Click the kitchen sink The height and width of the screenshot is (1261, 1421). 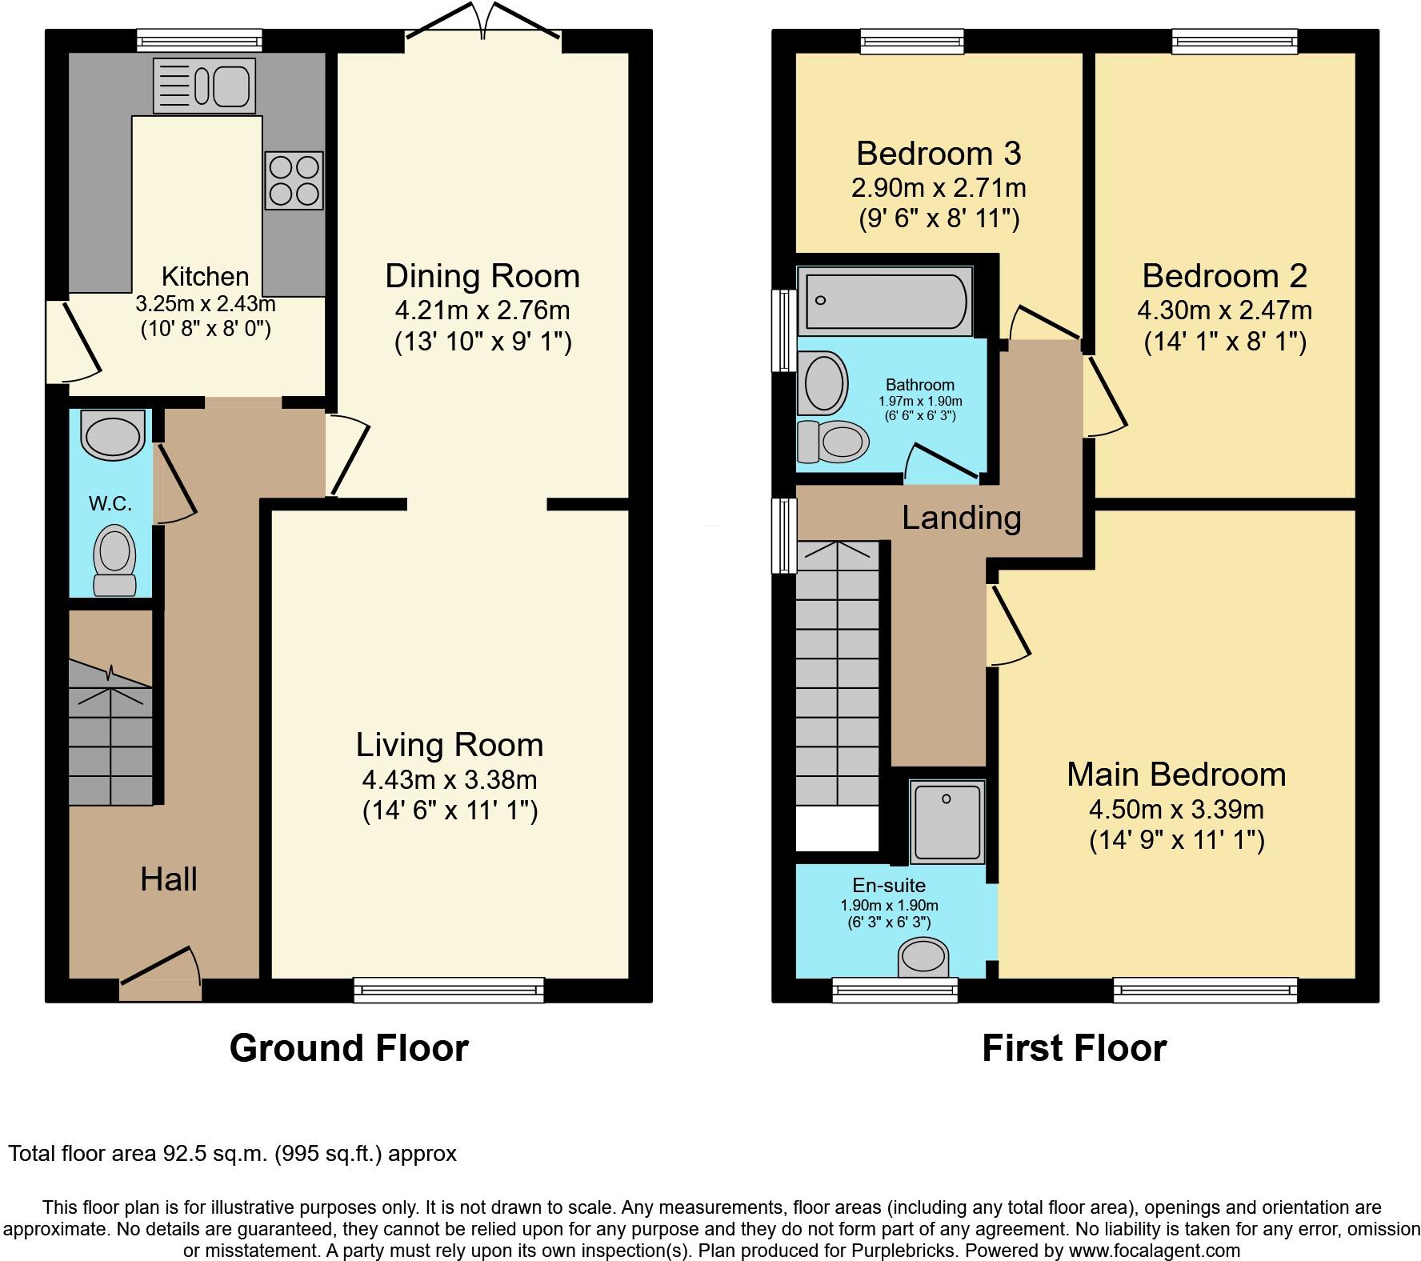click(x=204, y=85)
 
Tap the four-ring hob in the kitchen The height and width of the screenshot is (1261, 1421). click(x=294, y=180)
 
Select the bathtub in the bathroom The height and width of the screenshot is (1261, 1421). click(x=886, y=301)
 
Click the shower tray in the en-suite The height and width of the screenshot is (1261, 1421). click(x=947, y=822)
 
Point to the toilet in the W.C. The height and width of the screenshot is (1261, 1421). click(x=114, y=560)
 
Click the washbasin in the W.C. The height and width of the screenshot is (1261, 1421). click(x=113, y=435)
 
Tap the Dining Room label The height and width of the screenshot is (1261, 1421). click(x=482, y=276)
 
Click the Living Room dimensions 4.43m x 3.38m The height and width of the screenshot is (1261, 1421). click(x=449, y=779)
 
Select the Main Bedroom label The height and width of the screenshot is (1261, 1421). click(x=1176, y=775)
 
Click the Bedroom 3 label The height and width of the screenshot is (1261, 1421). click(x=939, y=153)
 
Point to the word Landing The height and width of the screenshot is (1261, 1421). click(x=961, y=518)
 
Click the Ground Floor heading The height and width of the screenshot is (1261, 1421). click(x=349, y=1047)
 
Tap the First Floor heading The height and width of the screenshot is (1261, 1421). click(x=1074, y=1047)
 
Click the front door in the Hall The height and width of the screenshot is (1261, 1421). click(x=160, y=972)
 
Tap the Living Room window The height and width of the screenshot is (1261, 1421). click(x=449, y=991)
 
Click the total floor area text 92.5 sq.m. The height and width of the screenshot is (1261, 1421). click(x=232, y=1154)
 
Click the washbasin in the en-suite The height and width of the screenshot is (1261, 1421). click(x=923, y=957)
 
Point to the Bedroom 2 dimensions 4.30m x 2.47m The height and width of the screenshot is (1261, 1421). click(x=1224, y=310)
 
